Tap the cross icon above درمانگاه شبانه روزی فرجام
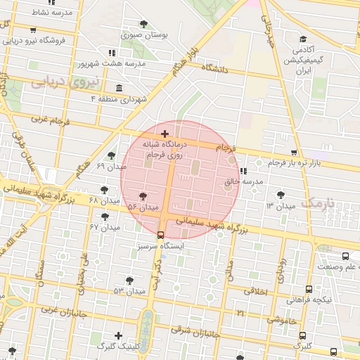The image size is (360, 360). (165, 134)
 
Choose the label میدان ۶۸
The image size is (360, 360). (104, 200)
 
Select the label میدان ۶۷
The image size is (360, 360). (105, 227)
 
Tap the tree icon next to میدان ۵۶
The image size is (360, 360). (143, 197)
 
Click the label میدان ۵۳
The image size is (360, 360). (129, 290)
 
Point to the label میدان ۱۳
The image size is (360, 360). (280, 205)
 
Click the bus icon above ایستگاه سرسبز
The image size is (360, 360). (161, 236)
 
